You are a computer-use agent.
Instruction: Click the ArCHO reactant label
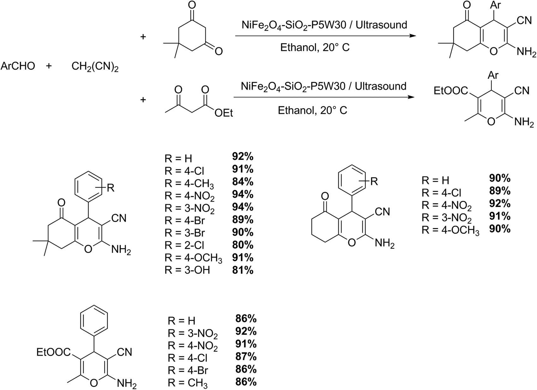coord(18,66)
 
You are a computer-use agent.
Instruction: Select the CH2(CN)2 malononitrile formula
coord(95,66)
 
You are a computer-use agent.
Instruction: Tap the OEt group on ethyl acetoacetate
coord(224,113)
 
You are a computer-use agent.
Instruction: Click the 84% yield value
coord(243,182)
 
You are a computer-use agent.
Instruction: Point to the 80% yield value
coord(243,245)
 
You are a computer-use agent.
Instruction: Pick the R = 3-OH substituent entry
coord(187,270)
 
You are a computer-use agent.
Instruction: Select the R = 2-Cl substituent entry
coord(184,245)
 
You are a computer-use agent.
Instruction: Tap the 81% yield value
coord(243,270)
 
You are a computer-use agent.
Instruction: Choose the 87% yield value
coord(246,357)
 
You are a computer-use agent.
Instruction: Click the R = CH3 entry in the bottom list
coord(188,384)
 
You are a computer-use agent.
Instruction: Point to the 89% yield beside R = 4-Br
coord(243,220)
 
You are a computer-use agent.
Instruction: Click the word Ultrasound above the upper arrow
coord(381,25)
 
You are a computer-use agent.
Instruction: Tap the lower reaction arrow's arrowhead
coord(411,97)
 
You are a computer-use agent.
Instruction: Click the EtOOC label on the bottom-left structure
coord(53,352)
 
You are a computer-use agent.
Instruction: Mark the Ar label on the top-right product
coord(496,5)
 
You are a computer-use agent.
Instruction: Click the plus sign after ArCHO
coord(49,66)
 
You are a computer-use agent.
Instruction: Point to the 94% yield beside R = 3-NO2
coord(243,207)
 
